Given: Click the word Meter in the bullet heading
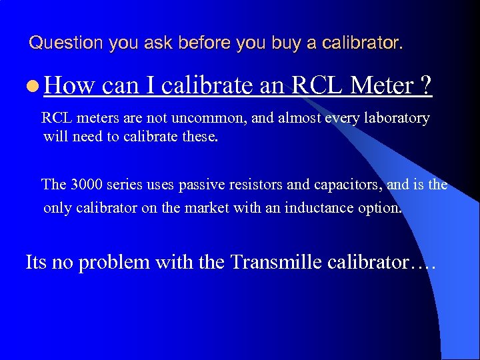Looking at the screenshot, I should pyautogui.click(x=382, y=85).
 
